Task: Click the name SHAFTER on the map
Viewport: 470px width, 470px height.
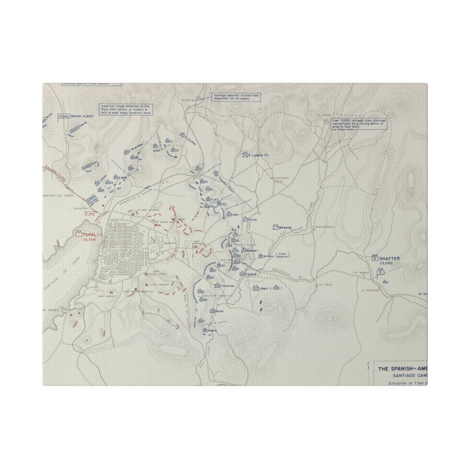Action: click(x=389, y=258)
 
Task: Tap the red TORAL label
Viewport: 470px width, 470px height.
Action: click(x=89, y=234)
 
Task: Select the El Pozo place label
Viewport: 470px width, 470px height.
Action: click(x=322, y=285)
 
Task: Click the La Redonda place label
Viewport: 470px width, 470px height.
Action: click(x=370, y=290)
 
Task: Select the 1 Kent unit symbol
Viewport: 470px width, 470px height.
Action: click(x=256, y=289)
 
